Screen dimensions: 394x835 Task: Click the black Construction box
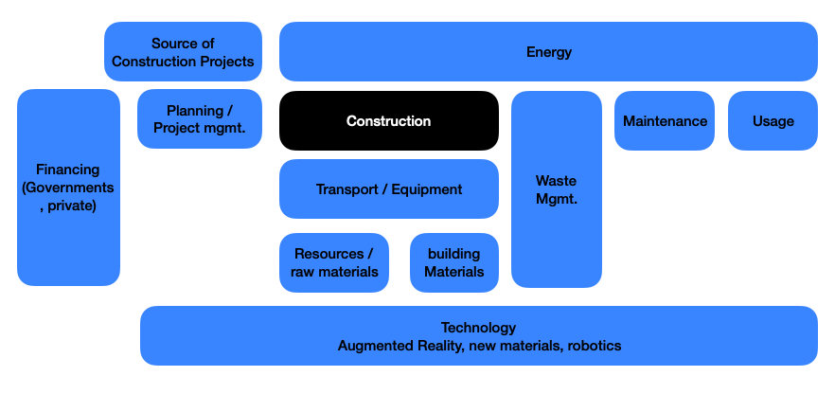(388, 120)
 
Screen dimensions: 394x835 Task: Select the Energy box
(548, 52)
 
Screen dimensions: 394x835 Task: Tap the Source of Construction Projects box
(183, 52)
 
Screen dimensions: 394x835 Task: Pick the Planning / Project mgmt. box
(199, 119)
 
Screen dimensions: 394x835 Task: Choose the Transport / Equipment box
(388, 188)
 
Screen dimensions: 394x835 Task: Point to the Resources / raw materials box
(333, 262)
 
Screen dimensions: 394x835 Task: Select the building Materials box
(453, 262)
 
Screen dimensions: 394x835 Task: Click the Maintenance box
(665, 120)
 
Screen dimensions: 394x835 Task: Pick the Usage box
(773, 120)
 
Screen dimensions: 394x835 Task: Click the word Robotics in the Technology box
(595, 346)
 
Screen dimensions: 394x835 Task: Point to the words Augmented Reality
(397, 346)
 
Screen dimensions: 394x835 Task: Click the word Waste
(556, 181)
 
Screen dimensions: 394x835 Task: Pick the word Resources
(329, 254)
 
